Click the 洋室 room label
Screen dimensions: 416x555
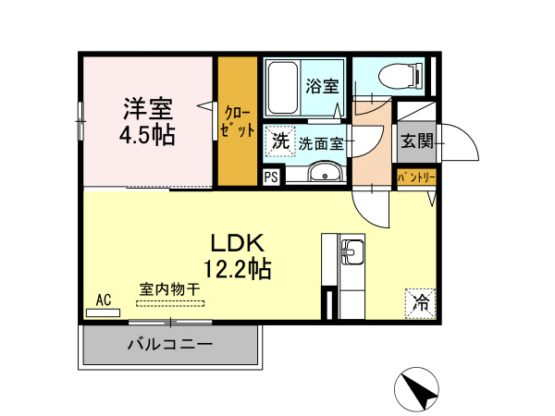[x=148, y=108]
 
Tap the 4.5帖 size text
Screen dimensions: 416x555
[x=147, y=135]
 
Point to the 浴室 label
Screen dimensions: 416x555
[x=322, y=86]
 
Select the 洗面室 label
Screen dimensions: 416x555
[x=321, y=143]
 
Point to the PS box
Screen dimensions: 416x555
[x=271, y=177]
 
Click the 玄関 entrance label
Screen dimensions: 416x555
[x=415, y=141]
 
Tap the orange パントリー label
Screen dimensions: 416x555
[x=415, y=176]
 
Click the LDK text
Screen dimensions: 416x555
[x=238, y=244]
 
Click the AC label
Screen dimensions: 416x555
[x=104, y=299]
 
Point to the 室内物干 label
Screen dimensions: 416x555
[x=170, y=289]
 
